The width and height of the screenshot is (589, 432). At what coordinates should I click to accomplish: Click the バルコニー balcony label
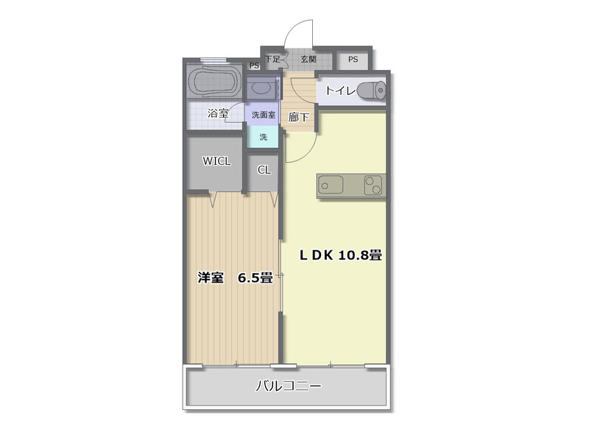pos(288,386)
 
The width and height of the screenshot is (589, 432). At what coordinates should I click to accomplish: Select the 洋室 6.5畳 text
pos(235,278)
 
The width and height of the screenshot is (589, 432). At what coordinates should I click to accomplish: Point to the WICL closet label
pos(216,161)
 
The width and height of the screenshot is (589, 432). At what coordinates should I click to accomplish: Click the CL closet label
pos(264,170)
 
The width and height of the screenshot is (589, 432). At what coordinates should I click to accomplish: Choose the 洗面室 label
pos(263,115)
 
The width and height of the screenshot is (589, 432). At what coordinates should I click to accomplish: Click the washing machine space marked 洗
pos(263,136)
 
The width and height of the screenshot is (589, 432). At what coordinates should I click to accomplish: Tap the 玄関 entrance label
pos(308,60)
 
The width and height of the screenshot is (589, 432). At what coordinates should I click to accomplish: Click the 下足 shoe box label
pos(272,59)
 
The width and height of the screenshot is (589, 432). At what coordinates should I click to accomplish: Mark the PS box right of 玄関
pos(353,60)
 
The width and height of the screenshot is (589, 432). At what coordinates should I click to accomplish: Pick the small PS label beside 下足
pos(254,65)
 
